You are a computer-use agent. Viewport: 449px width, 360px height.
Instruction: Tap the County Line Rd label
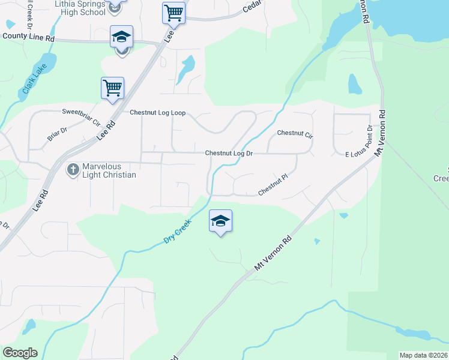[x=28, y=37]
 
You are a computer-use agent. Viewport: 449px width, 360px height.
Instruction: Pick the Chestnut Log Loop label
[x=158, y=113]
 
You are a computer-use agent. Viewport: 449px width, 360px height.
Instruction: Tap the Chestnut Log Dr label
[x=229, y=154]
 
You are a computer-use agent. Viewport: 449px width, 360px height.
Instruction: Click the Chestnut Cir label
[x=295, y=133]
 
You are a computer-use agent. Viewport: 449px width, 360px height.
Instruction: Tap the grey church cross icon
[x=73, y=170]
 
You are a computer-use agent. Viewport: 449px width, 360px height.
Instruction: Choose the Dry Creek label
[x=178, y=231]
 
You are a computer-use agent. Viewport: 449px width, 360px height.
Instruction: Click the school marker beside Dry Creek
[x=220, y=221]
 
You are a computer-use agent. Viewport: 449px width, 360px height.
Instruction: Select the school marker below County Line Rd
[x=121, y=38]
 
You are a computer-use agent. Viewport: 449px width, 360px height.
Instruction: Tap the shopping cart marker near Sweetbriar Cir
[x=112, y=89]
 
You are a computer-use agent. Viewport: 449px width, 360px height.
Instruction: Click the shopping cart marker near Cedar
[x=173, y=13]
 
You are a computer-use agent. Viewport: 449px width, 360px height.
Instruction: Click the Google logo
[x=20, y=353]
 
